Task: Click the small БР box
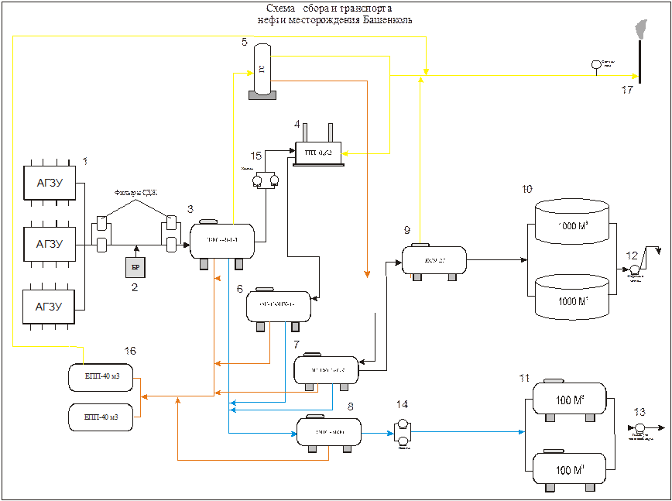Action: click(x=135, y=267)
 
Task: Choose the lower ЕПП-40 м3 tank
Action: click(x=101, y=417)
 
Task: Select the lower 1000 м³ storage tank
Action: click(x=572, y=299)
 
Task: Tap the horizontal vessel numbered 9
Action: click(x=434, y=259)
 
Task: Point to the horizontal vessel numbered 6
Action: click(x=278, y=307)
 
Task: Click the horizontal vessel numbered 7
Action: click(x=326, y=370)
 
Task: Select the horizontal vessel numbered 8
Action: click(x=329, y=431)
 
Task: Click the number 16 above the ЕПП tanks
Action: click(x=129, y=352)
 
